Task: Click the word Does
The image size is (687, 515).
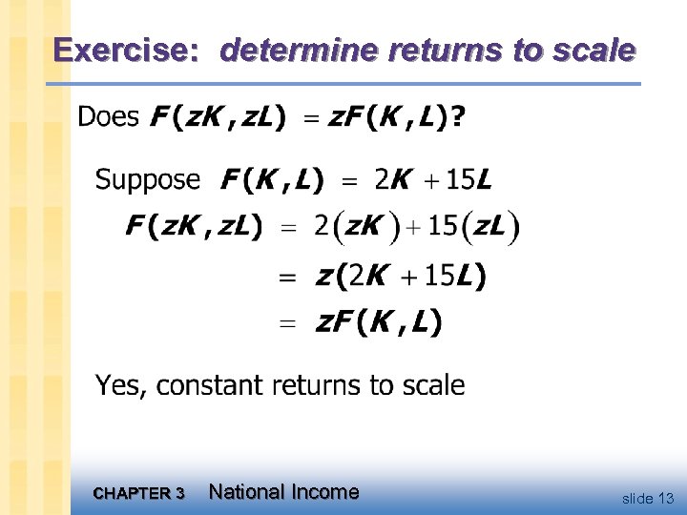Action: point(108,118)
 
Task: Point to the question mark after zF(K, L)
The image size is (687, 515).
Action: point(460,118)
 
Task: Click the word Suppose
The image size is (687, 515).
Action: point(148,179)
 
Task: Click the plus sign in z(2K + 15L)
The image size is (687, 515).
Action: point(407,278)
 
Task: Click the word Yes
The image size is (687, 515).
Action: point(116,385)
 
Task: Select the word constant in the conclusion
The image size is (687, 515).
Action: point(210,385)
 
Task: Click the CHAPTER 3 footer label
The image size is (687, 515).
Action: point(139,493)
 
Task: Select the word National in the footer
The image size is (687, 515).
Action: point(247,492)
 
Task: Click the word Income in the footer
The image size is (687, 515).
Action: point(325,492)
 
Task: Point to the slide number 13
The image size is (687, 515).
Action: point(665,498)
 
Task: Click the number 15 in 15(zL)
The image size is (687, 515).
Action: point(442,227)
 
